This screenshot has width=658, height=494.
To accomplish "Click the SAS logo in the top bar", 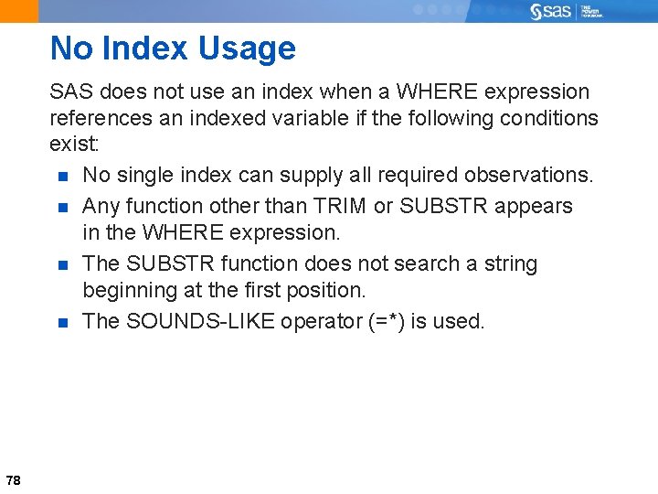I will (552, 11).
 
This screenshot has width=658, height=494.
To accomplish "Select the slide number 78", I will (13, 480).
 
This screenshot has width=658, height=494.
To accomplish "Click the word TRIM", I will (340, 206).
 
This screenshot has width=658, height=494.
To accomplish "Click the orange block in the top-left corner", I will (19, 11).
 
